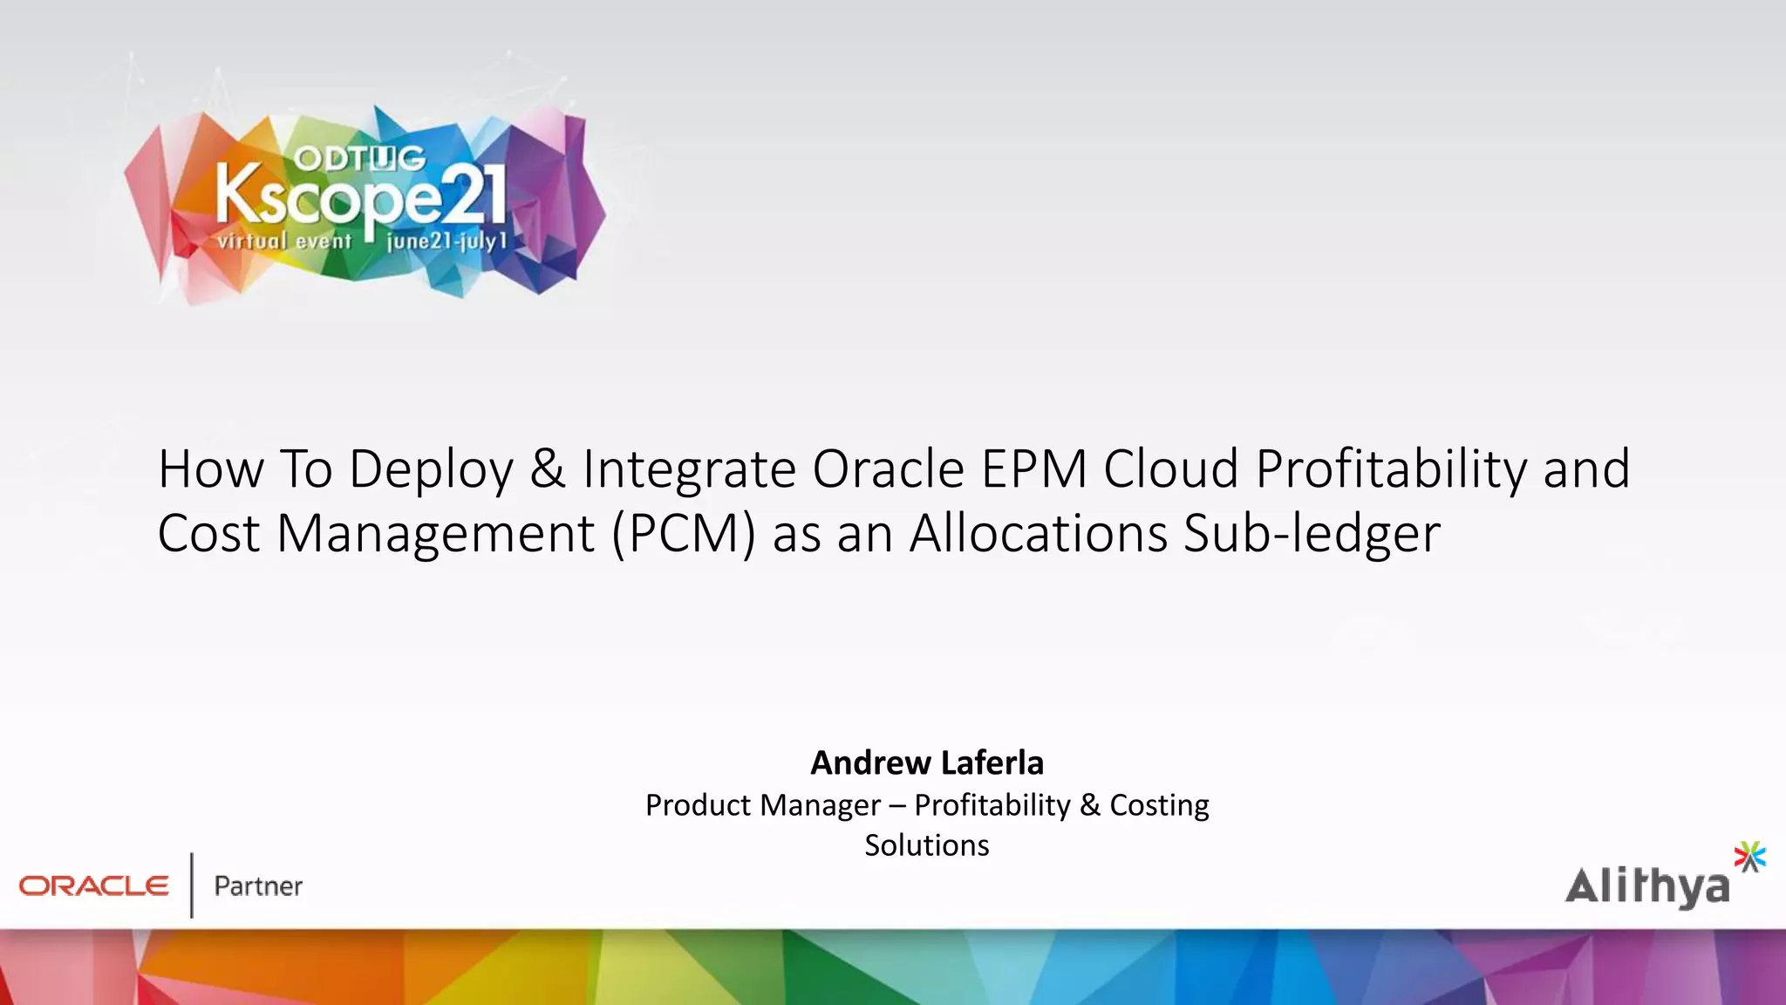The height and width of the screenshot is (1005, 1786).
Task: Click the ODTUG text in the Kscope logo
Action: pos(359,159)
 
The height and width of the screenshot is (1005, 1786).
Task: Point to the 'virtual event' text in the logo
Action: pos(284,241)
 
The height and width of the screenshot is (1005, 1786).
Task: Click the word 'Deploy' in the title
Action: pos(431,470)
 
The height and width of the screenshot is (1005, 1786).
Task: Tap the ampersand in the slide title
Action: pos(548,468)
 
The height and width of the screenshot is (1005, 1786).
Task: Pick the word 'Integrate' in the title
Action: pos(688,470)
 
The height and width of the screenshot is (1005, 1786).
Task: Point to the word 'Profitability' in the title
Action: pos(1391,470)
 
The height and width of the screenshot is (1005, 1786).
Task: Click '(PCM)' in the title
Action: pos(683,534)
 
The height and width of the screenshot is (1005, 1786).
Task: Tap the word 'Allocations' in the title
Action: pos(1038,533)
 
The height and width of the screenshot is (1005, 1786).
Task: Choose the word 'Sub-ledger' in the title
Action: pos(1312,534)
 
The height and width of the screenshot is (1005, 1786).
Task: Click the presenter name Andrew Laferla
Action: pos(927,762)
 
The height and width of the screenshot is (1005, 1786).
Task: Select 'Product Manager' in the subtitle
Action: pos(763,805)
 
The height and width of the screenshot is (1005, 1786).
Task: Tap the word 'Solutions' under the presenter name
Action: pos(927,845)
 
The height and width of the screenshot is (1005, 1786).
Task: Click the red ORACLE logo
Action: pos(94,886)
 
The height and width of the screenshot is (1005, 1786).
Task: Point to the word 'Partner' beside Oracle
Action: pos(258,886)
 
